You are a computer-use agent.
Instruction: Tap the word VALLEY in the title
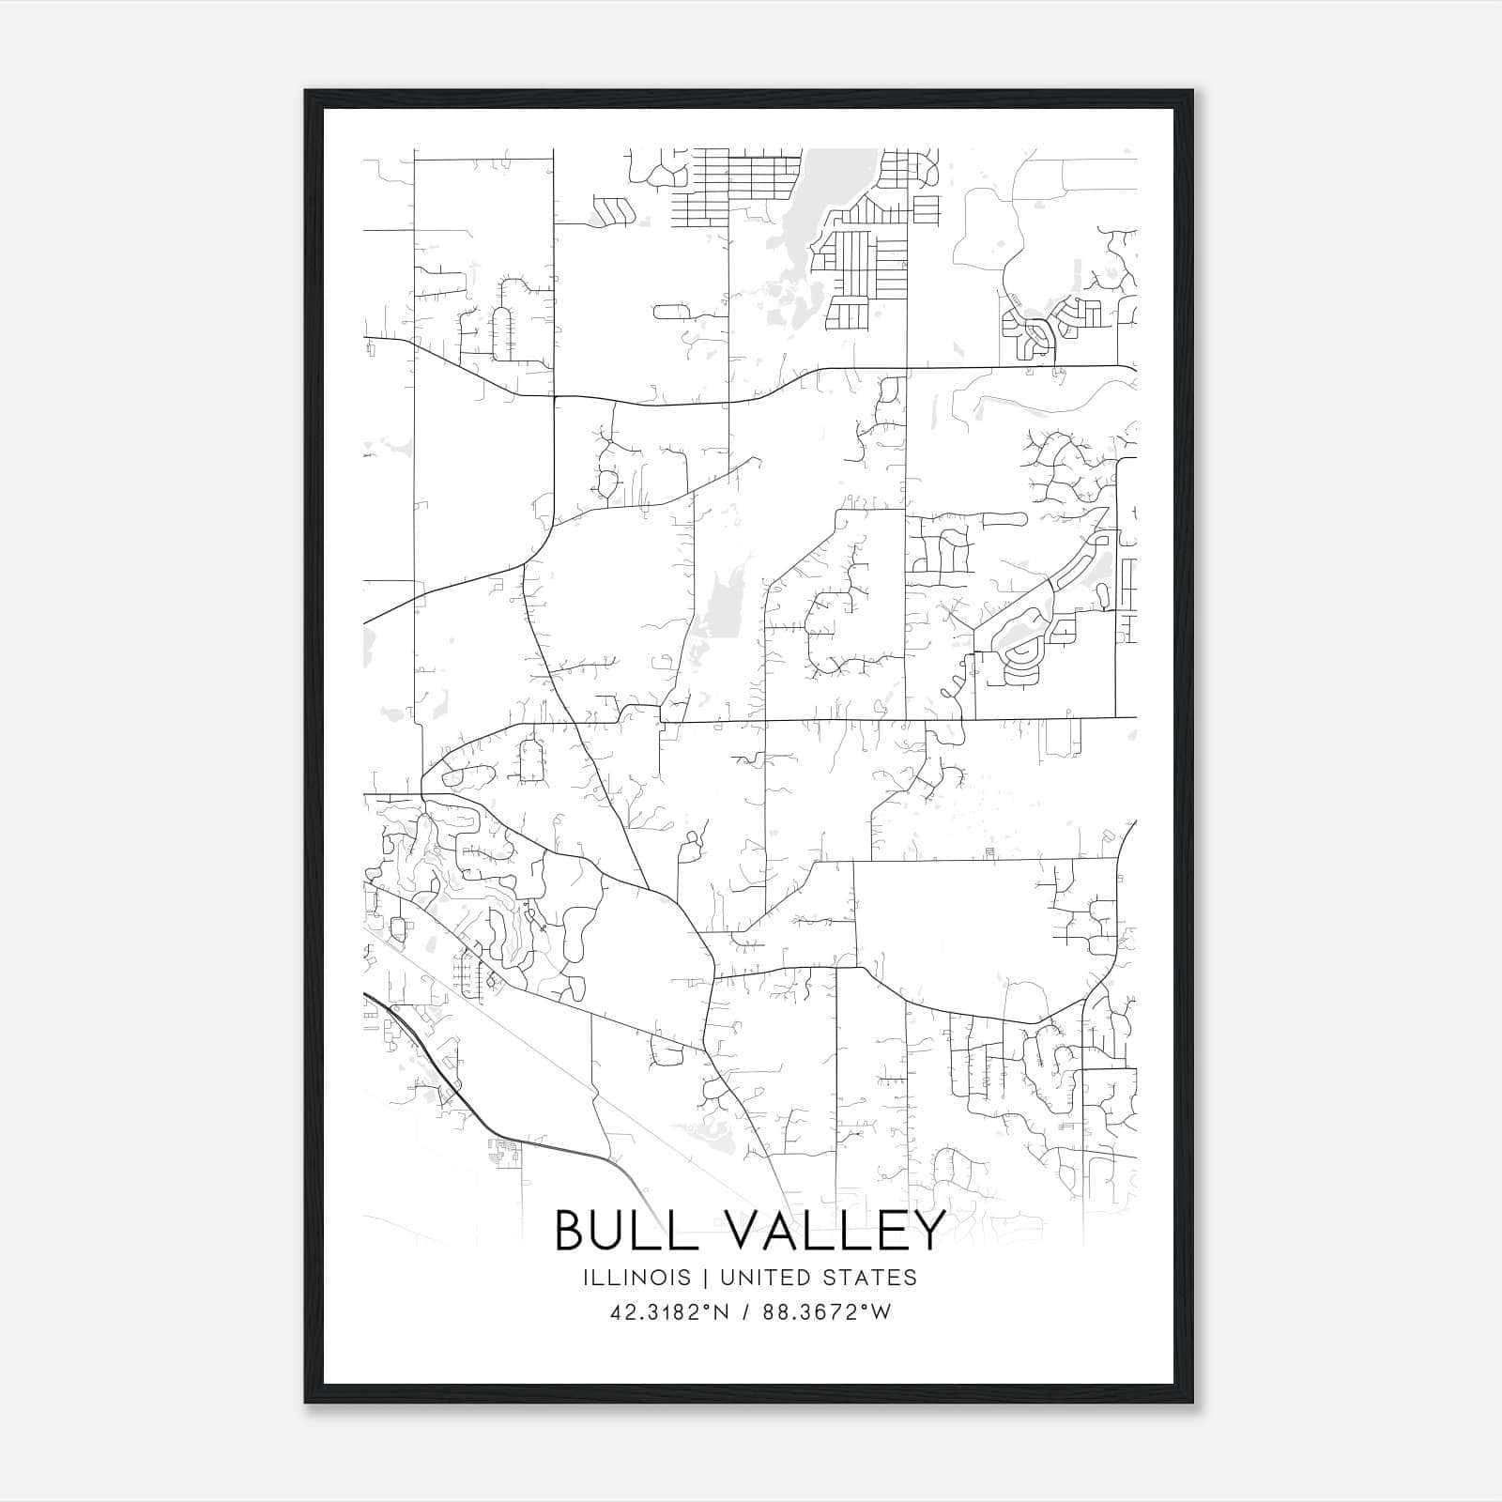831,1230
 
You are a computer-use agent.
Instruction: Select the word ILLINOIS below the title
636,1278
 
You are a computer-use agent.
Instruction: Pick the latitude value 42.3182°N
669,1312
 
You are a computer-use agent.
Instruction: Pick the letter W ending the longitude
881,1312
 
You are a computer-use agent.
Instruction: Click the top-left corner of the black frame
306,91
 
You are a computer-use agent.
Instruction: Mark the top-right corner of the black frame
1192,91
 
